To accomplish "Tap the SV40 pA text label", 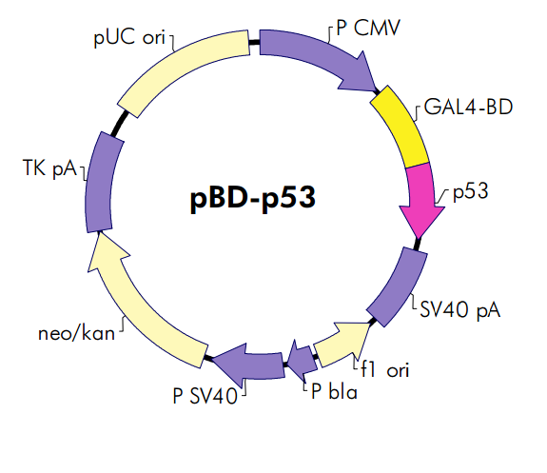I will click(x=459, y=310).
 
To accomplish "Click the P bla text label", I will click(x=333, y=391).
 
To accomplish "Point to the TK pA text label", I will click(x=51, y=169).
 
